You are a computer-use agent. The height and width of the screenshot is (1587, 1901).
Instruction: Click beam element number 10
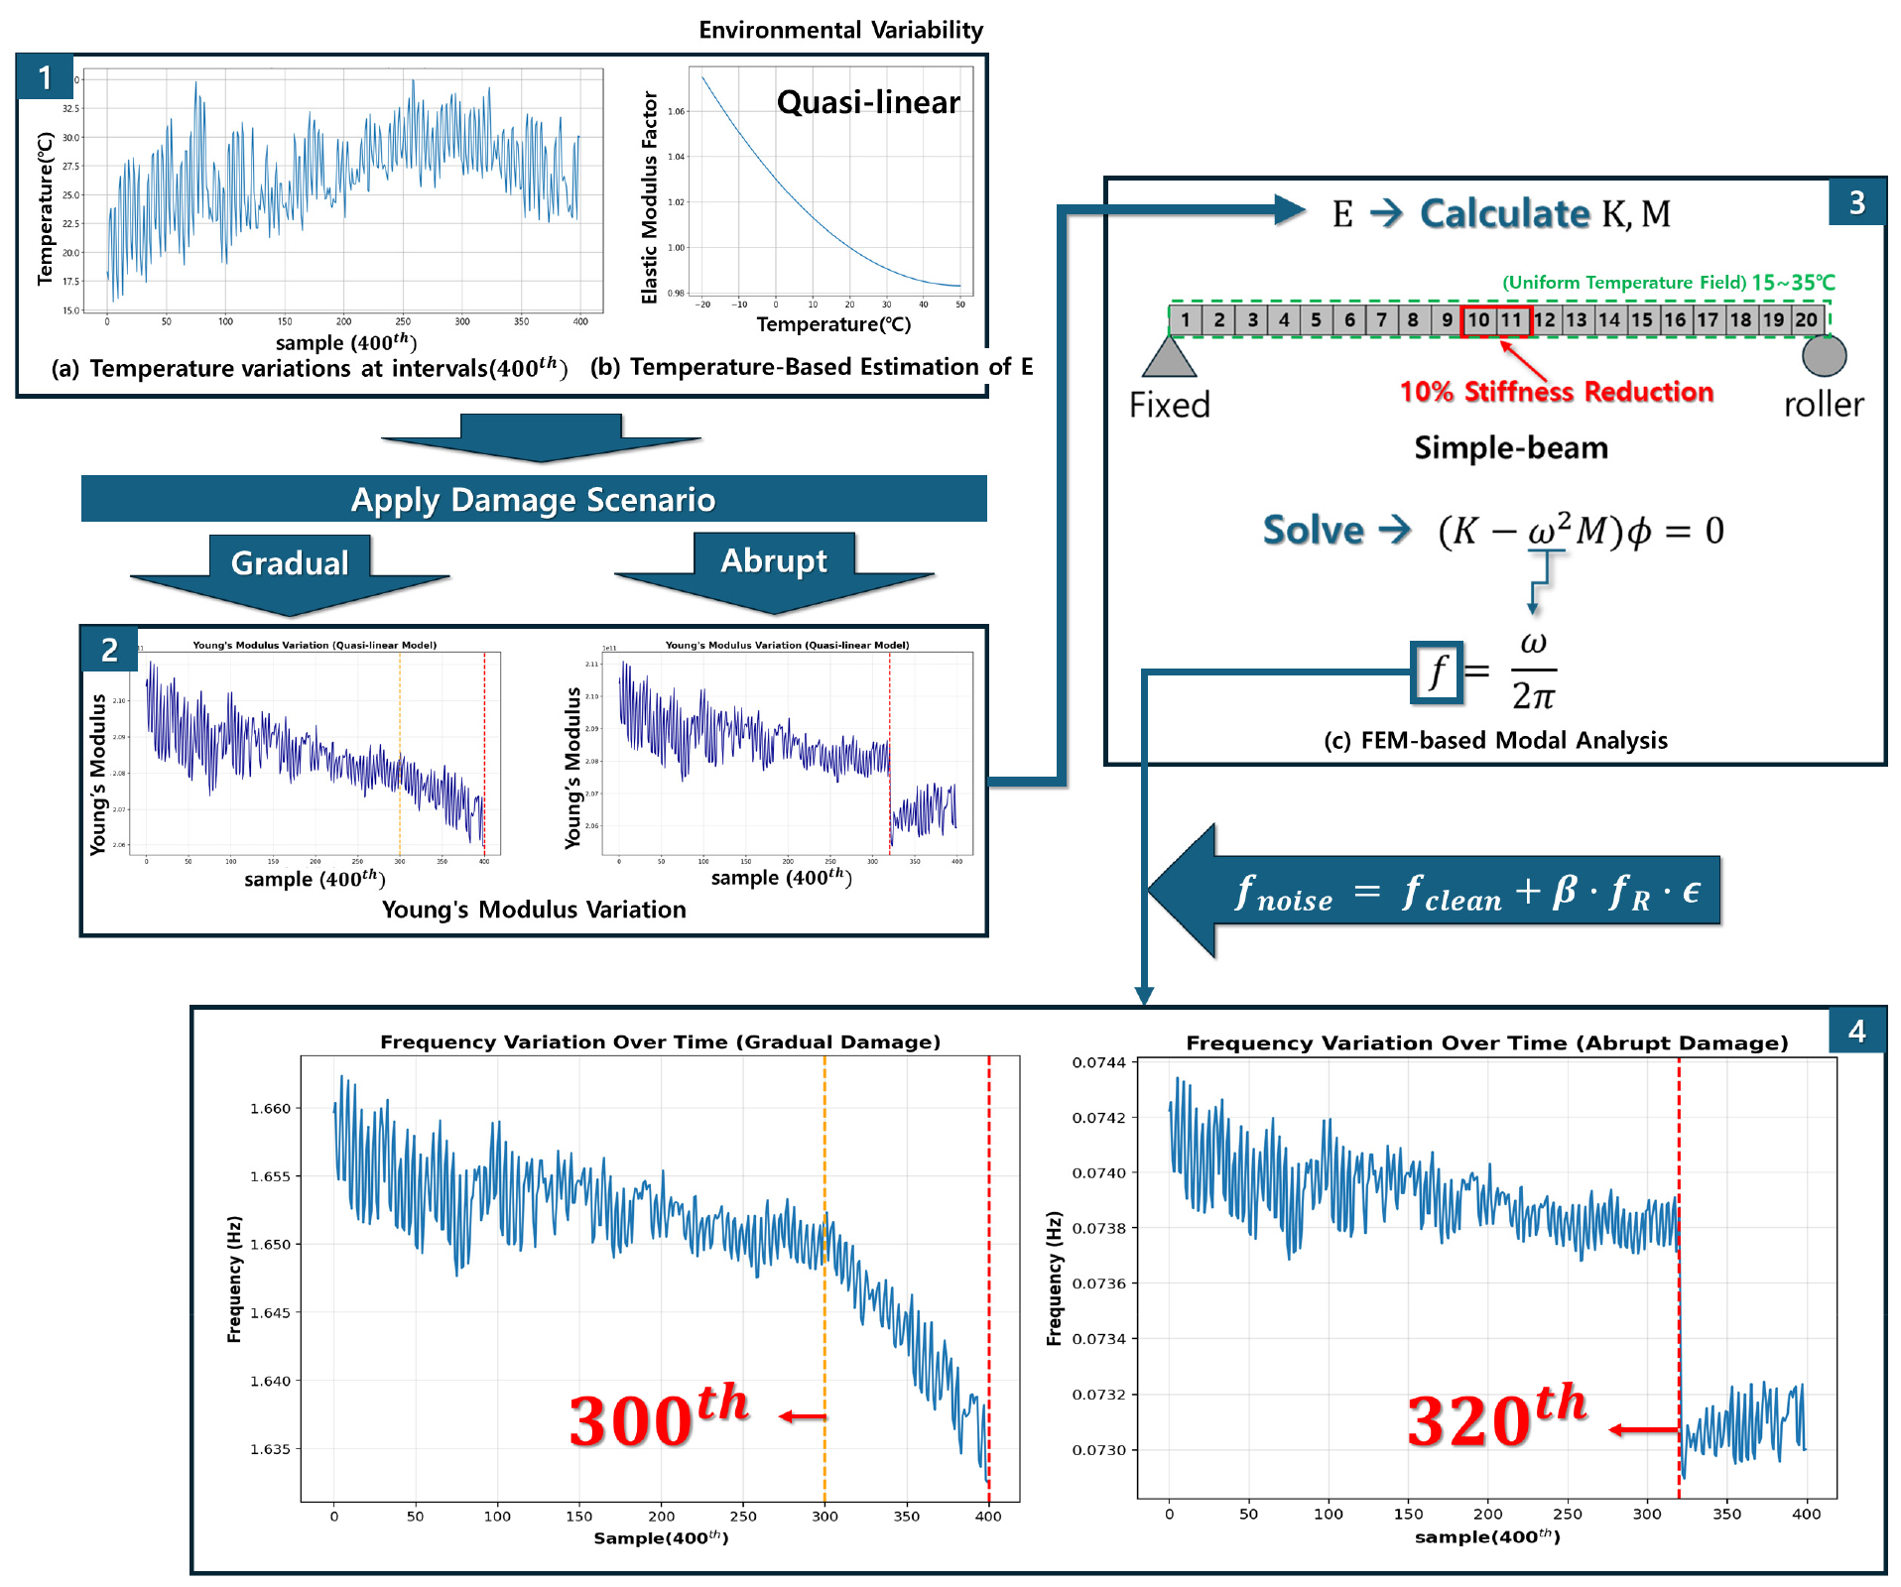coord(1478,320)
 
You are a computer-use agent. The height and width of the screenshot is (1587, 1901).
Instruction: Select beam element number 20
coord(1806,320)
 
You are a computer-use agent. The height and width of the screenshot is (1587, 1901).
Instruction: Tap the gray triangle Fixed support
coord(1169,358)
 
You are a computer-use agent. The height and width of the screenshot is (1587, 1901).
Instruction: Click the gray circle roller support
coord(1824,355)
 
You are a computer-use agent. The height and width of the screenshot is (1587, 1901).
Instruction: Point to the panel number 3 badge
coord(1856,203)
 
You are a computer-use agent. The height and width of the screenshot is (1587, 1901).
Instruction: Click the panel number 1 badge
coord(45,77)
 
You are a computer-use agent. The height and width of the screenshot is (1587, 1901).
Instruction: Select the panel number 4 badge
coord(1856,1032)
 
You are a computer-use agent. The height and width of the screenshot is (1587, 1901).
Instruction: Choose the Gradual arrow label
coord(290,563)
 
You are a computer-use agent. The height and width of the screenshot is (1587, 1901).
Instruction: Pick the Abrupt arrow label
coord(774,560)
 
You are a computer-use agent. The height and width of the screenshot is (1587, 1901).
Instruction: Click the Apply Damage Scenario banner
coord(533,499)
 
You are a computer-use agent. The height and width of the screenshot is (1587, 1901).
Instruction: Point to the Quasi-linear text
coord(868,102)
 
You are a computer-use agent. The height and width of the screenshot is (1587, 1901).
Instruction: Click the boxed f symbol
coord(1437,671)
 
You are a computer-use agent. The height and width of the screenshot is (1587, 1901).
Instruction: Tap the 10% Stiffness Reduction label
coord(1557,392)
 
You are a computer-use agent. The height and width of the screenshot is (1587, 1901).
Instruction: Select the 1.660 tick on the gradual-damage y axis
coord(270,1108)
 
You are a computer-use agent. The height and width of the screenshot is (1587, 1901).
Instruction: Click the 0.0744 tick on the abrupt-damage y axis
coord(1098,1062)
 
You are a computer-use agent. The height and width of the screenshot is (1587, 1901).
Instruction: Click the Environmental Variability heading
coord(840,30)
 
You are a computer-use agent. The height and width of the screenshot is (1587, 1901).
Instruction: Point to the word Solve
coord(1313,531)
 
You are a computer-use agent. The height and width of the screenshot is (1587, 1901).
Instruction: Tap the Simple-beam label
coord(1510,447)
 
